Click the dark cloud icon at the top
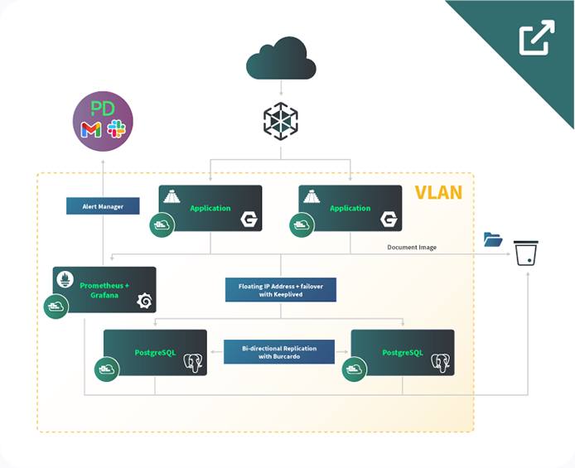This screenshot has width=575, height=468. (x=281, y=59)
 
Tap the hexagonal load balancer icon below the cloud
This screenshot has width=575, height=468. (x=280, y=122)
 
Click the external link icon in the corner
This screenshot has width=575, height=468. (x=536, y=38)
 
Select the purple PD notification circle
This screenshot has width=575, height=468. (x=104, y=121)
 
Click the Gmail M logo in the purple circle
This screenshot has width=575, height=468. (x=91, y=130)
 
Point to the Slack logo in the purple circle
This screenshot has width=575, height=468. (x=115, y=129)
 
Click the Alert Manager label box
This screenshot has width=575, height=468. (x=102, y=205)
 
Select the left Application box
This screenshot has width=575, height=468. (x=210, y=208)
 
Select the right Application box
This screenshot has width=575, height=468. (x=350, y=208)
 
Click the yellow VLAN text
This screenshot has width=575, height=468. (x=438, y=194)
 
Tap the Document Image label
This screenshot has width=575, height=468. (x=413, y=247)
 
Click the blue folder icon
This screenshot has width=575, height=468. (x=493, y=239)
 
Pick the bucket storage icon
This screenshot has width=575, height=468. (x=526, y=253)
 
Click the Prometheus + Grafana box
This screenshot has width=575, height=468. (x=104, y=290)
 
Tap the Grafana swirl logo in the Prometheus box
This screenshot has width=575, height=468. (x=143, y=302)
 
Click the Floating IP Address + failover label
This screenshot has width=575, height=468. (x=280, y=289)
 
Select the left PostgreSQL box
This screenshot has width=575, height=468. (x=155, y=353)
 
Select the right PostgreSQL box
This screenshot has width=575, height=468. (x=403, y=353)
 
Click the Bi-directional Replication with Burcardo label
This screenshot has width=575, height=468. (x=279, y=351)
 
